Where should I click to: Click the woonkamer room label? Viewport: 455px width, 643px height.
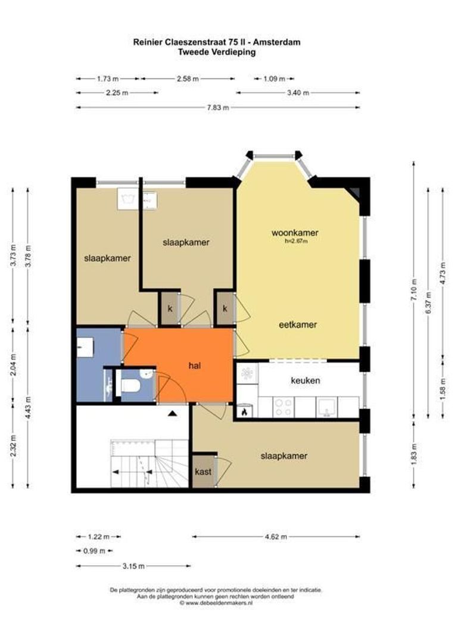coord(295,233)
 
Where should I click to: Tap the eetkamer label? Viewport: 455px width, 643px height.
coord(298,325)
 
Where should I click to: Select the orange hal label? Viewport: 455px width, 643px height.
coord(195,366)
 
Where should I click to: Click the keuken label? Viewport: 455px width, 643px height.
coord(306,380)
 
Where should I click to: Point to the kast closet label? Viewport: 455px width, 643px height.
coord(203,472)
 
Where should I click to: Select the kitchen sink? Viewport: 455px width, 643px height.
coord(327,407)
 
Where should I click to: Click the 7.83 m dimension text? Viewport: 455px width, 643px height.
coord(217,107)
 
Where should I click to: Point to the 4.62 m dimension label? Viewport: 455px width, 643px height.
coord(276,536)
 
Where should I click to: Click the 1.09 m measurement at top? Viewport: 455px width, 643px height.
coord(274,79)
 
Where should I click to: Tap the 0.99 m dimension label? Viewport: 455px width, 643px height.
coord(94,551)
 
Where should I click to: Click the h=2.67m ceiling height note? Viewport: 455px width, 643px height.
coord(296,241)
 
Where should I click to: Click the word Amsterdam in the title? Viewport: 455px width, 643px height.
coord(279,42)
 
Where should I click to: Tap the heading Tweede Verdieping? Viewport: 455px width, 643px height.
coord(217,52)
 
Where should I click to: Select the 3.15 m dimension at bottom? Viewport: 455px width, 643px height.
coord(133,566)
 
